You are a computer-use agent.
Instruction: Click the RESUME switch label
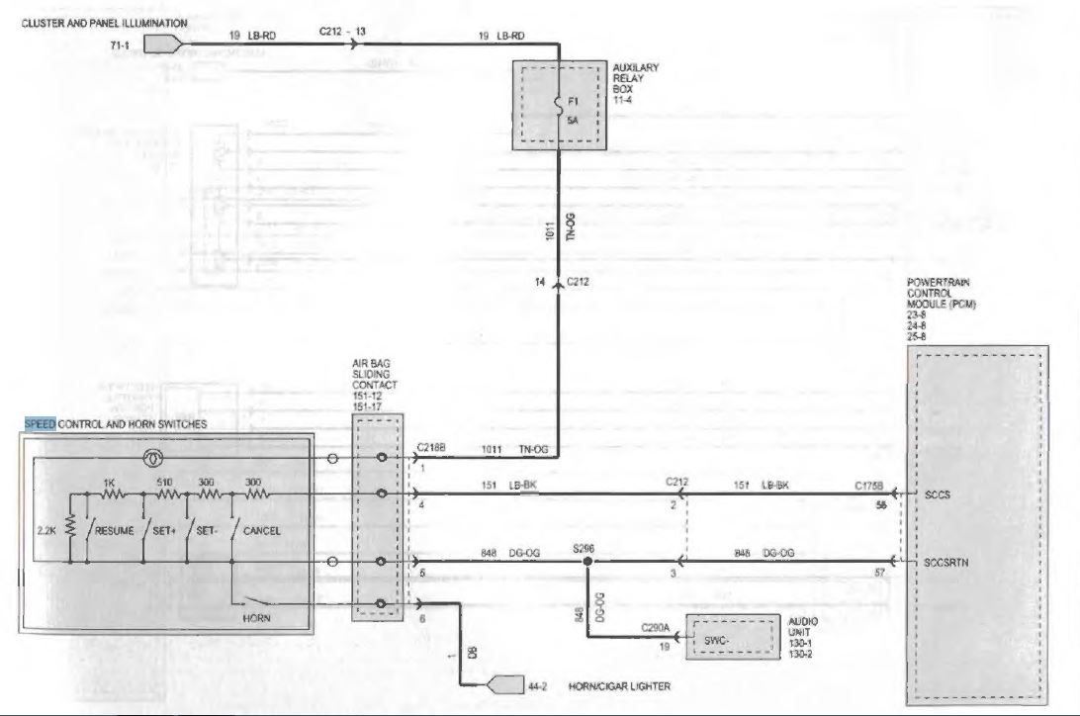pos(116,531)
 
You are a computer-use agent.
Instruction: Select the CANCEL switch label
pos(261,531)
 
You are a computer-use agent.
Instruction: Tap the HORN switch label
pos(255,618)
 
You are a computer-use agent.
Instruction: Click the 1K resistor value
pos(110,482)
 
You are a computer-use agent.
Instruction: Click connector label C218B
pos(431,448)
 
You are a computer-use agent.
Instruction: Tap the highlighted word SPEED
pos(41,424)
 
